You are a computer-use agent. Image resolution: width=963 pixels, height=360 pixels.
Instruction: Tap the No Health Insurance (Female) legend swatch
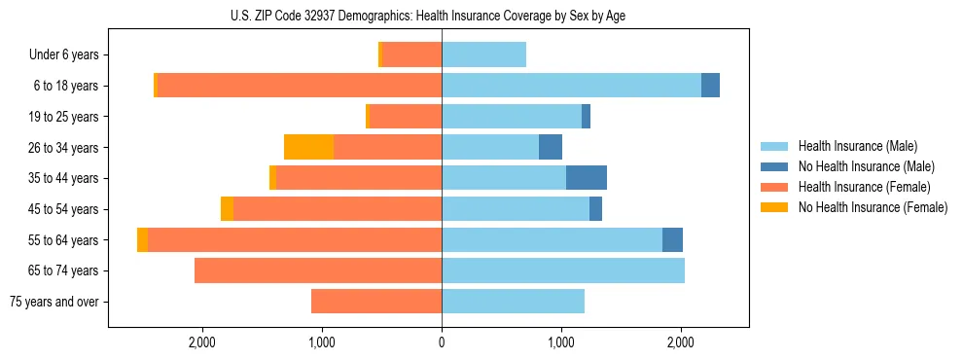pyautogui.click(x=775, y=207)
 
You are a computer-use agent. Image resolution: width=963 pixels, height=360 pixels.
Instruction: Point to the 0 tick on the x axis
pyautogui.click(x=442, y=342)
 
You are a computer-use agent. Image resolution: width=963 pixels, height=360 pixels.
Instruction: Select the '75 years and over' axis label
pyautogui.click(x=53, y=302)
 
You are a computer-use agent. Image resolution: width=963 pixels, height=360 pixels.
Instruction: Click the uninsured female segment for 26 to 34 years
pyautogui.click(x=308, y=147)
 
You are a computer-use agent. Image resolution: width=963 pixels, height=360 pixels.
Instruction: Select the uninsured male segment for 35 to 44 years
pyautogui.click(x=587, y=178)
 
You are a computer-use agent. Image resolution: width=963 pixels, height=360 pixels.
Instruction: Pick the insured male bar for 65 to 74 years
pyautogui.click(x=563, y=270)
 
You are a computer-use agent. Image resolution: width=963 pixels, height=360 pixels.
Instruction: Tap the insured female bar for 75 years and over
pyautogui.click(x=376, y=302)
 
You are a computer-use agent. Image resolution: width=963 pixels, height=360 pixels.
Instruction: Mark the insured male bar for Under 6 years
pyautogui.click(x=483, y=55)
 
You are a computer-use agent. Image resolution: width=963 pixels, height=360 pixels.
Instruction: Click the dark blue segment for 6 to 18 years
pyautogui.click(x=710, y=86)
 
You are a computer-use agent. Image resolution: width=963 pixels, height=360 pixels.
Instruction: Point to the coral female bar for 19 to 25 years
pyautogui.click(x=406, y=117)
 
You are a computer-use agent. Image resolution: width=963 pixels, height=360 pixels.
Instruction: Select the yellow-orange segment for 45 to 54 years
pyautogui.click(x=227, y=209)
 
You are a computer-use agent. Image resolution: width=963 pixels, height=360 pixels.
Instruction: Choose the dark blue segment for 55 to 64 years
pyautogui.click(x=672, y=240)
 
